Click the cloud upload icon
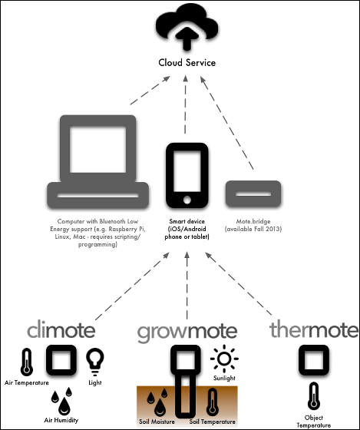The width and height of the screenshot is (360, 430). pos(187,28)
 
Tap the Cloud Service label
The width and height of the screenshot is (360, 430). pos(187,63)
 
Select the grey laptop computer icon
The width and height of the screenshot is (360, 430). pos(98,162)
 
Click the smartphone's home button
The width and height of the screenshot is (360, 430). pos(187,200)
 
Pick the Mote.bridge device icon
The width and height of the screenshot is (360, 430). pos(253,193)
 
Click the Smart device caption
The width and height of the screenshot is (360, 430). pos(187,229)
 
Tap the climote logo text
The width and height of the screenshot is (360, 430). pos(61,330)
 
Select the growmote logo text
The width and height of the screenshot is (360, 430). pos(187,332)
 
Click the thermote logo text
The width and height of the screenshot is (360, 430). pos(314,329)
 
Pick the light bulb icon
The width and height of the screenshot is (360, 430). pos(95,362)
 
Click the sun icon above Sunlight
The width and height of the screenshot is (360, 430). pos(224,359)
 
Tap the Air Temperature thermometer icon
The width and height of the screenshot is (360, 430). pos(27,362)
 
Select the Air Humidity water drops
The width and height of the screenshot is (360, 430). pos(61,401)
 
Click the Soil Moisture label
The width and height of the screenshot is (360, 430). pos(157,422)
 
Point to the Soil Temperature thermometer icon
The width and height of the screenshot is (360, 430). pos(213,402)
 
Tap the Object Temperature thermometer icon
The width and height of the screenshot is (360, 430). pos(314,396)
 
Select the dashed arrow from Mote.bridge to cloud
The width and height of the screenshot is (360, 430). pos(226,123)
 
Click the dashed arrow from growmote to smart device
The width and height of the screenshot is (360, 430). pos(187,286)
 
